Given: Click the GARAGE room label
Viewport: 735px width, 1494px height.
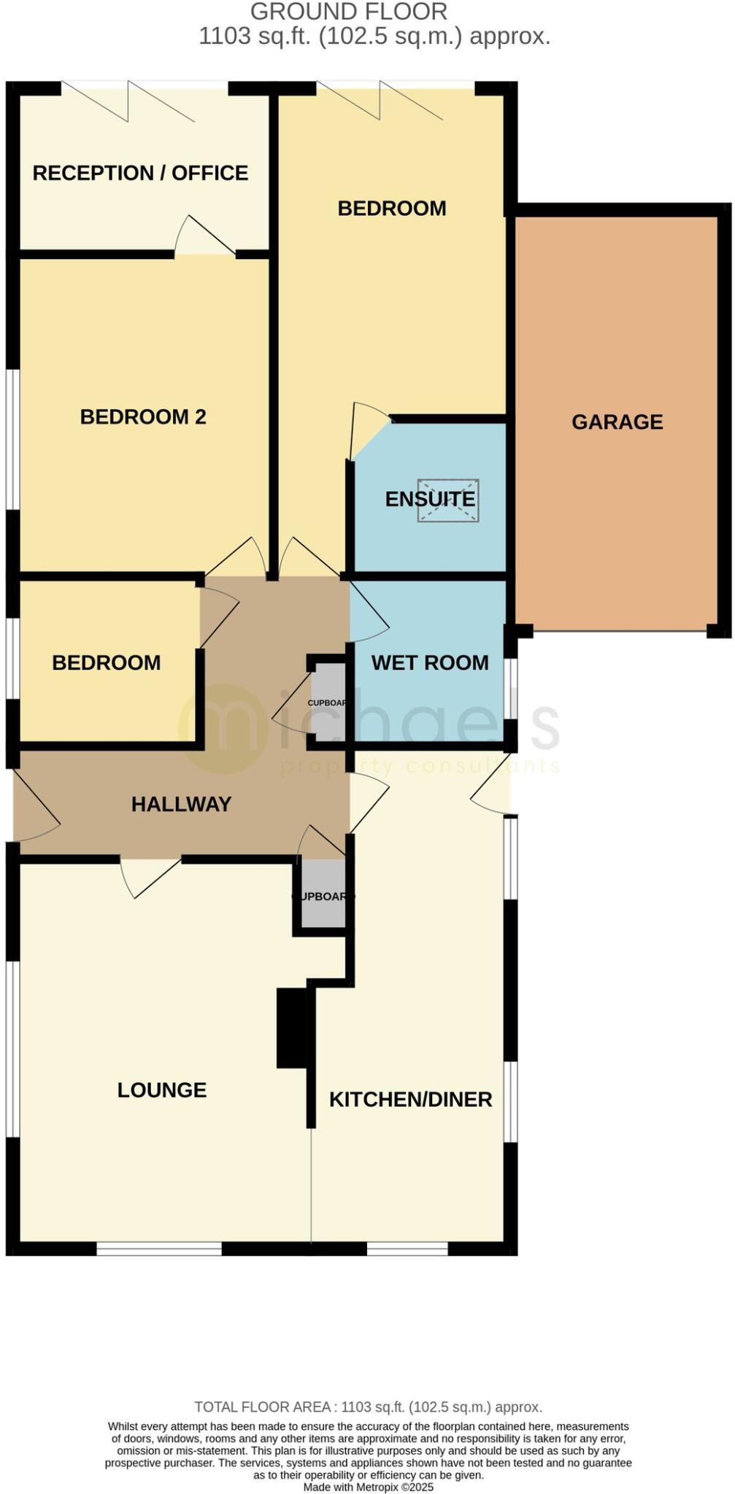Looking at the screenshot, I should click(617, 422).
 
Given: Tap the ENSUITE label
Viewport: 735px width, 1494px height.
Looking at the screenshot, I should click(430, 499).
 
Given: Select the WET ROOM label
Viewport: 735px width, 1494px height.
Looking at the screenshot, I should click(430, 662).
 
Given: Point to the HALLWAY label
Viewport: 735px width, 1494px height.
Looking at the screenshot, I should click(181, 804).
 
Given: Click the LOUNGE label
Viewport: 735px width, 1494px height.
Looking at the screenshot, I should click(162, 1090).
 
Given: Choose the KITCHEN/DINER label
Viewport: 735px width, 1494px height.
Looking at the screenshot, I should click(410, 1099).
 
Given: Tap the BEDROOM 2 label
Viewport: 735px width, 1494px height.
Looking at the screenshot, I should click(143, 417).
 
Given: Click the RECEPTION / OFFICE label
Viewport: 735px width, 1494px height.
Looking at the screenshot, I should click(140, 173).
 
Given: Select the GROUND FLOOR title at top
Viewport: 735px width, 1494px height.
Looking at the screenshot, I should click(349, 12).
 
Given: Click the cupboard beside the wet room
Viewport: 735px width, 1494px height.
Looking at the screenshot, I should click(328, 702).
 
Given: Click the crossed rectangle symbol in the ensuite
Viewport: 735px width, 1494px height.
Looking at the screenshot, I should click(448, 500).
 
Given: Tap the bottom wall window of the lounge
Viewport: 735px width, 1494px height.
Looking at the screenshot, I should click(159, 1249).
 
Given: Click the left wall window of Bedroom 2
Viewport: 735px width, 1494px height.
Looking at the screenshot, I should click(12, 439).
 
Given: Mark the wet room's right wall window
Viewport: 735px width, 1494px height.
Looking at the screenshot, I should click(512, 689).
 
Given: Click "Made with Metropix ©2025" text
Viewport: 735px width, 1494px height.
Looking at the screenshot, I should click(368, 1487).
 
